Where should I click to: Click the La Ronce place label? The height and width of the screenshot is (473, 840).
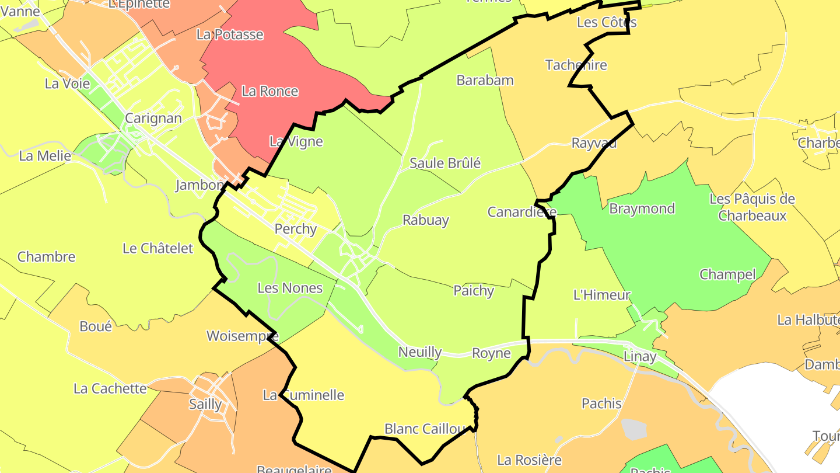click(269, 91)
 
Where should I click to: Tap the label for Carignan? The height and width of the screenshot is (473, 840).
click(153, 118)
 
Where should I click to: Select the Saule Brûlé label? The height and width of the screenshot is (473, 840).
click(445, 163)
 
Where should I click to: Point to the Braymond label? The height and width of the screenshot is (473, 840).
click(642, 208)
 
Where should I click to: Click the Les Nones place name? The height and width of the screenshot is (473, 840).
click(290, 288)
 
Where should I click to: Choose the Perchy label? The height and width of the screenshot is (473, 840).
click(295, 229)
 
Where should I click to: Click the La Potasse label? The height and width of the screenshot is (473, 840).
click(230, 34)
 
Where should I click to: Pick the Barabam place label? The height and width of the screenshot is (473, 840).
click(485, 80)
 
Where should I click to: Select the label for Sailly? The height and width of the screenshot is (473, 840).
click(205, 404)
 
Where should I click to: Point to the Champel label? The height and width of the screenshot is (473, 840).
click(727, 274)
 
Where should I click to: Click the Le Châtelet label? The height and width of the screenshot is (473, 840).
click(157, 248)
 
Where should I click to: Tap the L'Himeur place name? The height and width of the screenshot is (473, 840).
click(602, 295)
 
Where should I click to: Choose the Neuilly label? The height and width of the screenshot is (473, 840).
click(420, 352)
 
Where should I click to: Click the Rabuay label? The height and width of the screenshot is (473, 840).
click(426, 220)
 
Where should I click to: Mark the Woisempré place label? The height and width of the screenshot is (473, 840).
click(243, 336)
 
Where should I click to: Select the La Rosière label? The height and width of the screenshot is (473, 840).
click(529, 460)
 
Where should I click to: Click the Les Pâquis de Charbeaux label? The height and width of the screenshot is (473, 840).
click(752, 207)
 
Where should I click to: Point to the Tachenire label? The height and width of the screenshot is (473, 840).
click(576, 65)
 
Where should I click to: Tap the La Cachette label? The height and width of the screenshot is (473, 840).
click(110, 388)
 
